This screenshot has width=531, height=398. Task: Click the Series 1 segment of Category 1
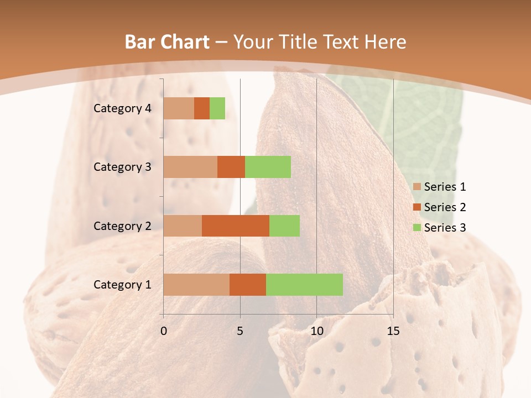pyautogui.click(x=196, y=285)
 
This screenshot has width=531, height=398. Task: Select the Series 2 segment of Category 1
pyautogui.click(x=248, y=285)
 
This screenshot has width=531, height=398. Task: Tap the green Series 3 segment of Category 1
pyautogui.click(x=304, y=285)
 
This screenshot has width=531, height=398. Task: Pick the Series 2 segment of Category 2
pyautogui.click(x=236, y=226)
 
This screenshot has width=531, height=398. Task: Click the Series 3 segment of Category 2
pyautogui.click(x=284, y=226)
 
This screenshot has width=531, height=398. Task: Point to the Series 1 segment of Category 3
pyautogui.click(x=190, y=167)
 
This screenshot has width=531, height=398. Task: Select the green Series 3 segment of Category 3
pyautogui.click(x=268, y=167)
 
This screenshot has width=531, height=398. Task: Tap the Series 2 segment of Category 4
pyautogui.click(x=202, y=108)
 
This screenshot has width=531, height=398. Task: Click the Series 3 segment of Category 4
pyautogui.click(x=217, y=108)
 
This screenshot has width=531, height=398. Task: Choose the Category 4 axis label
pyautogui.click(x=122, y=108)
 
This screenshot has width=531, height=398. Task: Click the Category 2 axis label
pyautogui.click(x=122, y=226)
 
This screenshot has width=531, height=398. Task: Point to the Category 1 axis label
pyautogui.click(x=122, y=285)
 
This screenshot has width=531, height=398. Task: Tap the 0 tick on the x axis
pyautogui.click(x=164, y=331)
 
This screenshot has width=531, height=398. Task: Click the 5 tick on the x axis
pyautogui.click(x=240, y=331)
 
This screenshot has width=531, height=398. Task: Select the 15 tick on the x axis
pyautogui.click(x=393, y=331)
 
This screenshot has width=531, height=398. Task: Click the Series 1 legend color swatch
pyautogui.click(x=417, y=187)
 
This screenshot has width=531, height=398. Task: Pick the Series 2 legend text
pyautogui.click(x=445, y=207)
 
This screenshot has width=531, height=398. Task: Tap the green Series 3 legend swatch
pyautogui.click(x=417, y=228)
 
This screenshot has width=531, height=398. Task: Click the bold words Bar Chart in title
pyautogui.click(x=167, y=42)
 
